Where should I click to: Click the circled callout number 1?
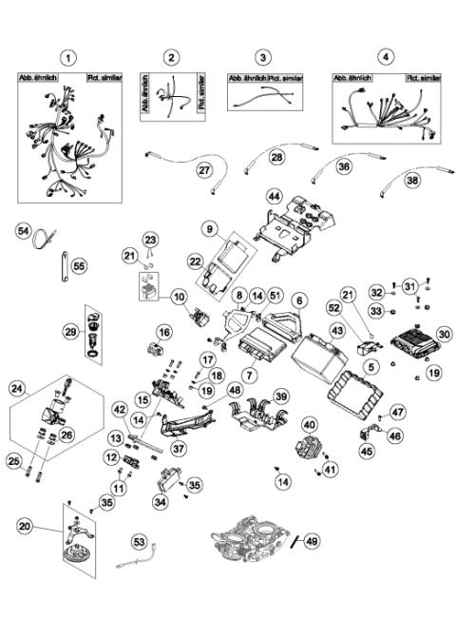pos(66,58)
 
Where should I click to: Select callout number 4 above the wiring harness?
pos(384,58)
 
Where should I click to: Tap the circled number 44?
pos(274,196)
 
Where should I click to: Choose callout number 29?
pos(71,330)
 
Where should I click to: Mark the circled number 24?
pos(16,388)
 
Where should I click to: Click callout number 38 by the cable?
pos(412,178)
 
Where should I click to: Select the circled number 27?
pos(204,170)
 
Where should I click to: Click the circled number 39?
pos(280,396)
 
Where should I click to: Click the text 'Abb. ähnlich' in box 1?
pos(38,79)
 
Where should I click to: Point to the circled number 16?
pos(165,332)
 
